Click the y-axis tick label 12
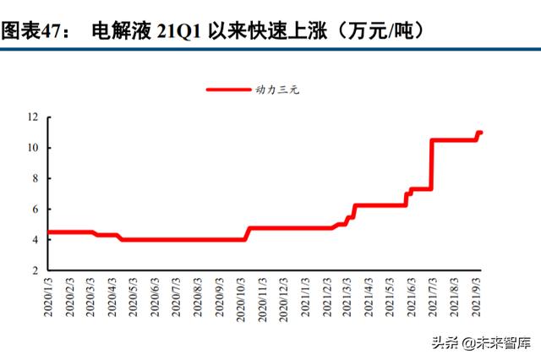click(33, 117)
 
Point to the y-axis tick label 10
click(33, 148)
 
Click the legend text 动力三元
click(277, 89)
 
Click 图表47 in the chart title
click(35, 32)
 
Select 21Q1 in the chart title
click(184, 32)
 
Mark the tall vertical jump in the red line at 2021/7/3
click(432, 165)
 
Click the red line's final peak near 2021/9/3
click(479, 133)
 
